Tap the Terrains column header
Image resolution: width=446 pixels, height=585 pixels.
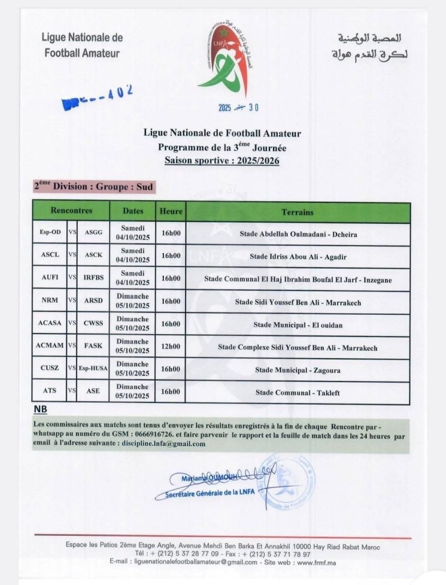point(298,212)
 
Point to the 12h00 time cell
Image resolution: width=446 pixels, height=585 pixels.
point(170,347)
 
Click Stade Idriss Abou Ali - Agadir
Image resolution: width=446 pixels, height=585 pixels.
point(298,257)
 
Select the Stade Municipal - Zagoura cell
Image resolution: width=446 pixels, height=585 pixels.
point(298,370)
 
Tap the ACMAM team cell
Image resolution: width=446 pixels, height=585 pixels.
point(50,347)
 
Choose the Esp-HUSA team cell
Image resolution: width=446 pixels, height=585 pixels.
point(94,370)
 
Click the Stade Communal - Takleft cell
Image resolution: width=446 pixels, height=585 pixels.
point(298,392)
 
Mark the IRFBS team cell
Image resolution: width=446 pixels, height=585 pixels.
point(94,279)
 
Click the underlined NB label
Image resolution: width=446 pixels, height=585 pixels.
point(40,410)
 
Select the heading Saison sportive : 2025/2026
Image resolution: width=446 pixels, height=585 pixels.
point(222,161)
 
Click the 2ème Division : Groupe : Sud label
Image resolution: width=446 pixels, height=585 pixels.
point(94,187)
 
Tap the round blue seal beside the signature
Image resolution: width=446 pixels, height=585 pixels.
point(284,483)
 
